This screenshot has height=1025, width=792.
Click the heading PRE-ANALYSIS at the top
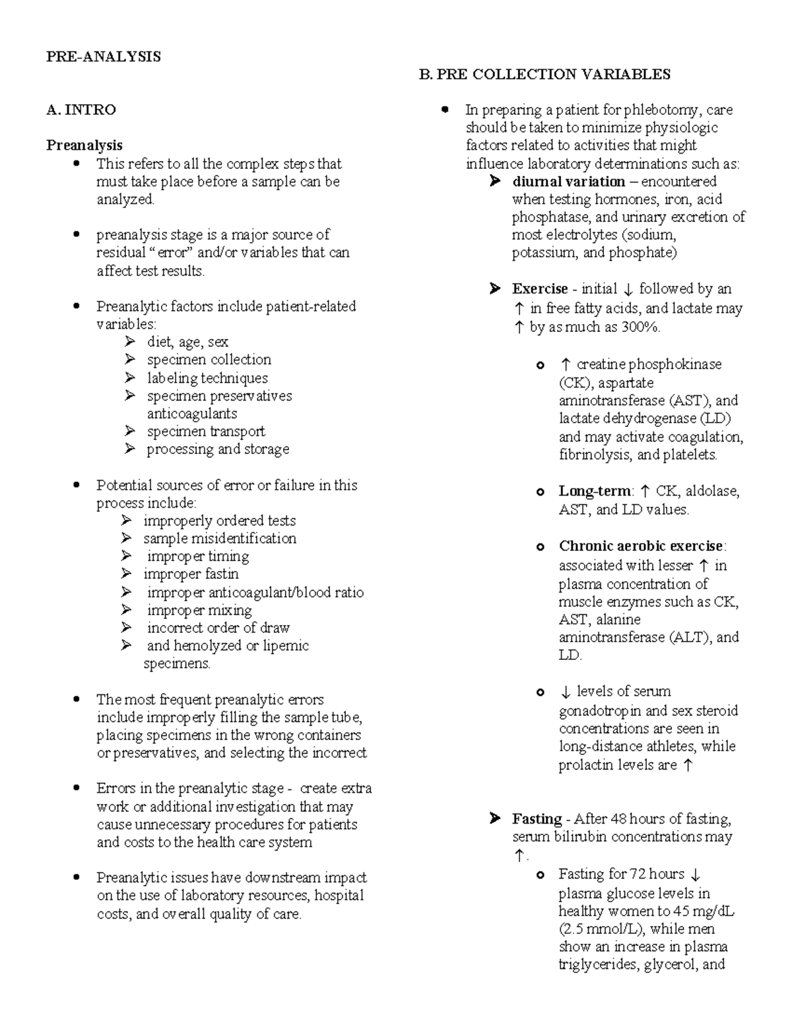click(103, 57)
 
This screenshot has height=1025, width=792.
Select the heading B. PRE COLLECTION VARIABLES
click(544, 75)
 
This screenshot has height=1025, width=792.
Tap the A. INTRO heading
click(81, 110)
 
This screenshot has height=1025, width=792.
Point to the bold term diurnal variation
click(568, 182)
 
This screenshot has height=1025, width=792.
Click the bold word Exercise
click(540, 289)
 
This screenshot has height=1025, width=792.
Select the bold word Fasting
click(537, 819)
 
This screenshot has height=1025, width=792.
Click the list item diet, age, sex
click(187, 342)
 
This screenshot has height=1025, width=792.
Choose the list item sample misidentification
click(220, 539)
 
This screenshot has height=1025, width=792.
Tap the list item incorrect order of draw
click(218, 628)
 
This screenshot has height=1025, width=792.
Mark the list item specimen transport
click(206, 432)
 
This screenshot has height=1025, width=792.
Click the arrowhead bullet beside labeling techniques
click(130, 378)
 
